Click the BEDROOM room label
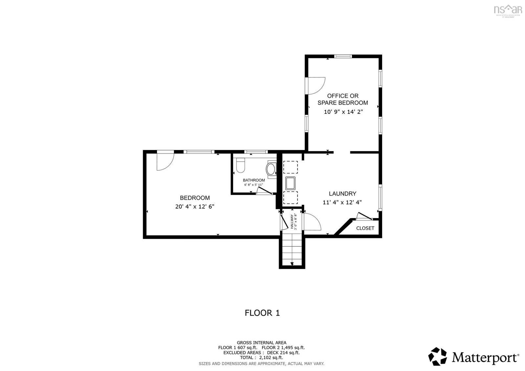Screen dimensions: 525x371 tap(195, 198)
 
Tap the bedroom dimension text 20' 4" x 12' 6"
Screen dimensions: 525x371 tap(195, 207)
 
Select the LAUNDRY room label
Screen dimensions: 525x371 tap(342, 194)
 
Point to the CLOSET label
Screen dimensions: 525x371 tap(365, 228)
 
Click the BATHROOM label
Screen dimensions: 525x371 tap(254, 180)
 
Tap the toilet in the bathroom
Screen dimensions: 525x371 tap(241, 165)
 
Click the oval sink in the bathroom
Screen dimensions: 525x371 tap(271, 169)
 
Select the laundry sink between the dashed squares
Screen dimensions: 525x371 tap(290, 183)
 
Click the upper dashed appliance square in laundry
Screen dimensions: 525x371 tap(290, 167)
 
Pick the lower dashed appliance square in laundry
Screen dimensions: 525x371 tap(290, 198)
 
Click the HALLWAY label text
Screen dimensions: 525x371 tap(292, 221)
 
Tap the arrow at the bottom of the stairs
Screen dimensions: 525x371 tap(292, 264)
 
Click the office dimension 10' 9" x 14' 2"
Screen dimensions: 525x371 tap(343, 112)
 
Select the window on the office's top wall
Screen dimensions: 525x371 tap(343, 56)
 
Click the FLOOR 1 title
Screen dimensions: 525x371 tap(262, 313)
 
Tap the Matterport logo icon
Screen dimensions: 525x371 tap(437, 357)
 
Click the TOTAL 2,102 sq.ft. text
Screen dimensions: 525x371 tap(261, 358)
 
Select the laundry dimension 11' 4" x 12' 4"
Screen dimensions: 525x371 tap(342, 202)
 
